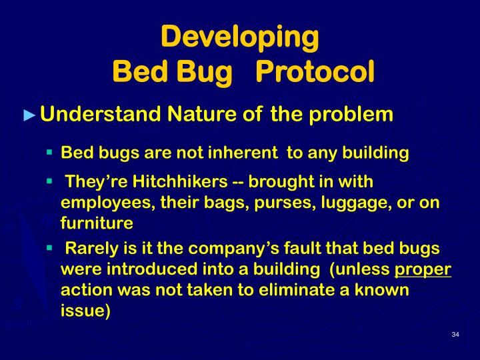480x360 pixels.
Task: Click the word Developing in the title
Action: click(240, 37)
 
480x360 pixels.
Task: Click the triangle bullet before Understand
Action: click(28, 115)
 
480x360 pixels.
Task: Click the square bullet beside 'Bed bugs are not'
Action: click(49, 152)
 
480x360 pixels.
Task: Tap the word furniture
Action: click(97, 223)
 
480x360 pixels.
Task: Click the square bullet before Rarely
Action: click(49, 249)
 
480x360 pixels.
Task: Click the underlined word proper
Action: click(423, 270)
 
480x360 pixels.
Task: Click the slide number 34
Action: click(455, 334)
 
